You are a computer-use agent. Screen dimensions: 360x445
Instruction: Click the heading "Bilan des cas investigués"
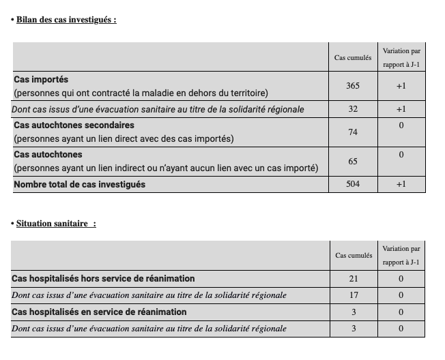point(66,20)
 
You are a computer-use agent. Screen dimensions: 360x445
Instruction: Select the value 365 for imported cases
point(353,86)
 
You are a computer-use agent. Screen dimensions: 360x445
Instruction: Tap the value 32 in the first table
point(353,109)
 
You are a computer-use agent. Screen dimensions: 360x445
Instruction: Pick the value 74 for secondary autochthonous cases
point(353,132)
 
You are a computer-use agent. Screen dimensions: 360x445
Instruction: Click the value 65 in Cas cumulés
point(353,162)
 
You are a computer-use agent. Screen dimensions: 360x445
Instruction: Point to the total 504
point(353,184)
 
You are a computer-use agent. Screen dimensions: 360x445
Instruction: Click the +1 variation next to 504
point(401,184)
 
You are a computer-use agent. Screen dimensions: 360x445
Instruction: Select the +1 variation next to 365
point(401,86)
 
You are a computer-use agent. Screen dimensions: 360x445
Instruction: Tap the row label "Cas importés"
point(41,80)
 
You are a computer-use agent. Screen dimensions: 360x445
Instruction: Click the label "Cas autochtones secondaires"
point(74,125)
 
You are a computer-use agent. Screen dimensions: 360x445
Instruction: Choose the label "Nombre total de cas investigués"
point(79,184)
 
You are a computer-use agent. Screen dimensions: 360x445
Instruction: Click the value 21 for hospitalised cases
point(354,279)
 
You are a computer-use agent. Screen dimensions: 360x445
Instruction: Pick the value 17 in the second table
point(354,295)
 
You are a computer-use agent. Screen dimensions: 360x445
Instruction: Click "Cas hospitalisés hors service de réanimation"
point(103,279)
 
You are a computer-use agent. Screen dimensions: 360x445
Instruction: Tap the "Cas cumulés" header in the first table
point(353,58)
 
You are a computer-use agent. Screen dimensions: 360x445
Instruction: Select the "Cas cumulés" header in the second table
point(354,256)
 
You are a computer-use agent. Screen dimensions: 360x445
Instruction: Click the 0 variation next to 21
point(401,279)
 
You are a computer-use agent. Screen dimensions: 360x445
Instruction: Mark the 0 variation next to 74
point(401,125)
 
